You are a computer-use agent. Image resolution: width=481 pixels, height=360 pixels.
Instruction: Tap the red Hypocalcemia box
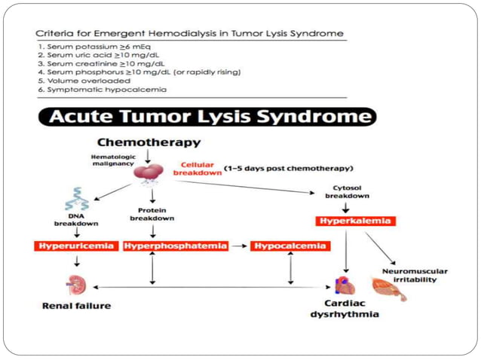[290, 246]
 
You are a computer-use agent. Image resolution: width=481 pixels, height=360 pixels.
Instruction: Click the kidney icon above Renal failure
[76, 284]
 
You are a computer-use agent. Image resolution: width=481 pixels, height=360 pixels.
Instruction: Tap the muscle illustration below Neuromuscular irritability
[388, 289]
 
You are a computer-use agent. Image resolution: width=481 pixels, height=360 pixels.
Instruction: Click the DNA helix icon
[76, 200]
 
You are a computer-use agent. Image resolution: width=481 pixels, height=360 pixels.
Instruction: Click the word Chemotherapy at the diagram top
[149, 142]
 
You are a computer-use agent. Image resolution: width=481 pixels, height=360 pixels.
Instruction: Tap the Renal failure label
[76, 306]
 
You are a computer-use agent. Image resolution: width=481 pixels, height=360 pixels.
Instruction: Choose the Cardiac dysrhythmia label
[344, 309]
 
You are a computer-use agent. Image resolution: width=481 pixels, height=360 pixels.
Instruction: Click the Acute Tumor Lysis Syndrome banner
[206, 117]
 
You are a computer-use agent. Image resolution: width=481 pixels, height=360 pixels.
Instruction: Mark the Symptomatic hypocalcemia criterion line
[103, 90]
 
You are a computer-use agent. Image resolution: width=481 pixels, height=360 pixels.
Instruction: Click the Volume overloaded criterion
[85, 81]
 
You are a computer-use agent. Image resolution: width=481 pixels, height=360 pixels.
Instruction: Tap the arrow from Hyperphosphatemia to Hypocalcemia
[238, 246]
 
